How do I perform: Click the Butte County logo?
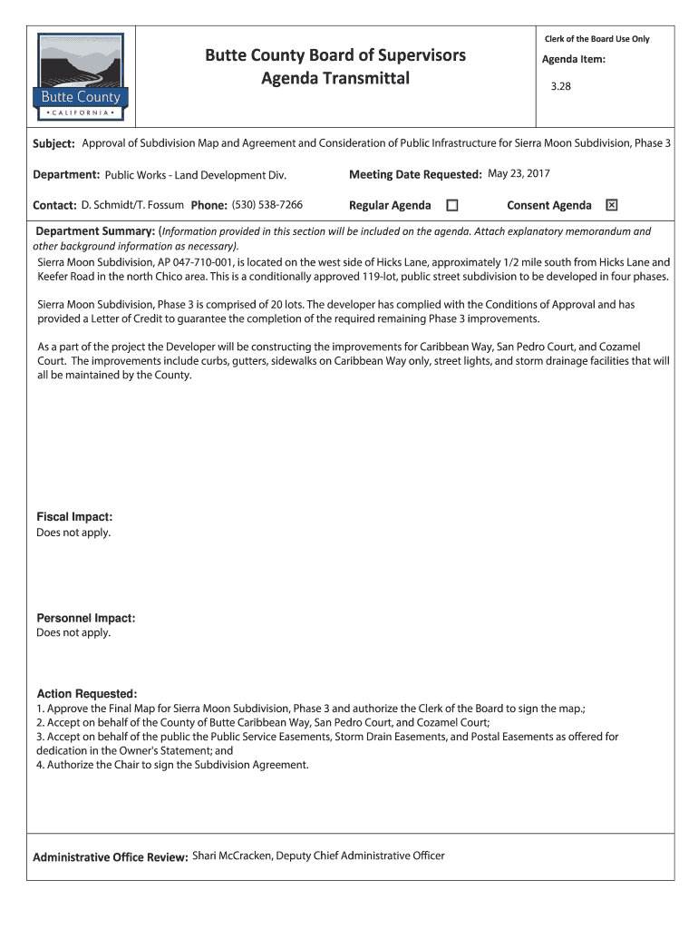[x=80, y=78]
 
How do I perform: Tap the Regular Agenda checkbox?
[x=452, y=206]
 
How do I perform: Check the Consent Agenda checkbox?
[x=611, y=206]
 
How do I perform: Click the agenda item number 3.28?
[x=562, y=88]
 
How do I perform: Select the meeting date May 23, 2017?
[x=519, y=173]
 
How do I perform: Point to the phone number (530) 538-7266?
[x=267, y=205]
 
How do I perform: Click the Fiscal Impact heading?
[x=74, y=517]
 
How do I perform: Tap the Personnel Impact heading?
[x=85, y=618]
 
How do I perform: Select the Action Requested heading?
[x=86, y=693]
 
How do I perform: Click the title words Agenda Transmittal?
[x=335, y=79]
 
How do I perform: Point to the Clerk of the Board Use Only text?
[x=596, y=39]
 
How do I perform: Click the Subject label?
[x=53, y=144]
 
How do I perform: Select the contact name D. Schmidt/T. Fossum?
[x=132, y=205]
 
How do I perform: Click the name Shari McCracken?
[x=231, y=856]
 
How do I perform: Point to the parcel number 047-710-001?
[x=194, y=262]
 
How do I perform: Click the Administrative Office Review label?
[x=110, y=857]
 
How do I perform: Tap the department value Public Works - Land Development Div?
[x=196, y=174]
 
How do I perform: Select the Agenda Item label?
[x=573, y=60]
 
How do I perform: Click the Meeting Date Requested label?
[x=414, y=174]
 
